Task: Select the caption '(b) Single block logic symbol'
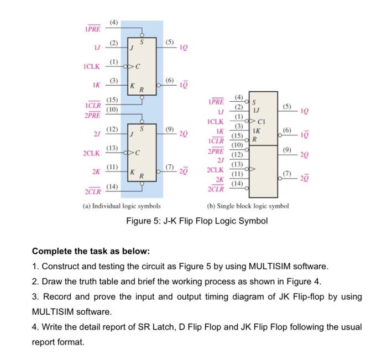pos(248,206)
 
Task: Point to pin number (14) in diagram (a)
pos(112,187)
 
